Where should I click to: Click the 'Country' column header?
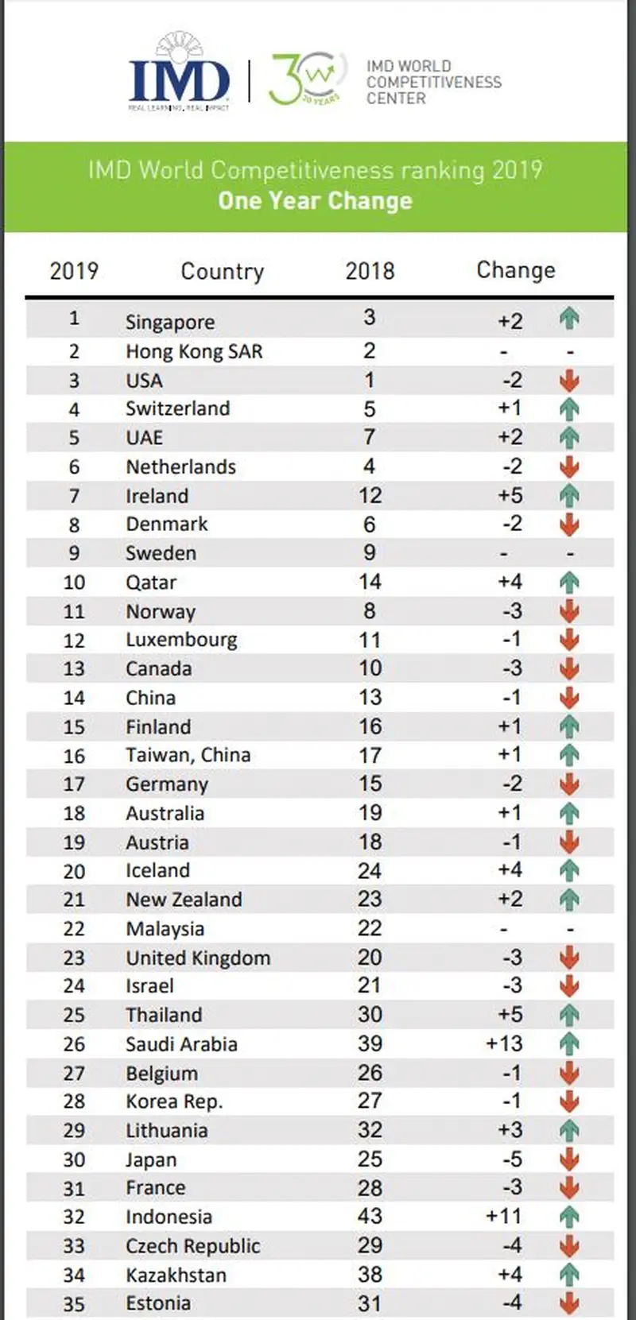(222, 271)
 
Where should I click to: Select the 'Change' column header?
(515, 270)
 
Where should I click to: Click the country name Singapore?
(170, 322)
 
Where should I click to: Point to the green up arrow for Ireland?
(569, 496)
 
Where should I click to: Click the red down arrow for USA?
(569, 381)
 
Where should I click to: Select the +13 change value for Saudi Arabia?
(504, 1043)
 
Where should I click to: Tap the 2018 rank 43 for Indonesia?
(370, 1216)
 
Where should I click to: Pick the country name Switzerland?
(177, 408)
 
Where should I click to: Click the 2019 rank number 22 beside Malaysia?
(74, 928)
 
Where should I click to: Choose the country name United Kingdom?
(198, 958)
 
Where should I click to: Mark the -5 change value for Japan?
(511, 1159)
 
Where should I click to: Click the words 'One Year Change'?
(316, 201)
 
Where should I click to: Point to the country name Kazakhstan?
(176, 1275)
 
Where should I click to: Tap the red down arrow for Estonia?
(569, 1303)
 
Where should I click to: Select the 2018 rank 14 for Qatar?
(370, 582)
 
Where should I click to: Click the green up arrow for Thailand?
(569, 1015)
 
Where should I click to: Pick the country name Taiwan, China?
(188, 755)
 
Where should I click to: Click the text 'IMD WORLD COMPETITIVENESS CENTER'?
(433, 82)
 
